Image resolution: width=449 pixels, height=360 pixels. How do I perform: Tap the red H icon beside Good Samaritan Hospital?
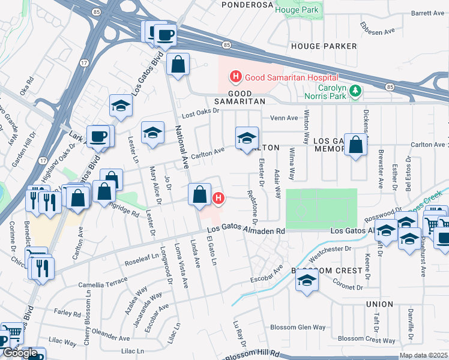236,77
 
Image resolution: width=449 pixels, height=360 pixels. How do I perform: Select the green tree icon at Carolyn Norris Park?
357,91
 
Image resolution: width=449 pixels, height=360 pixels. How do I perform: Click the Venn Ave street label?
284,118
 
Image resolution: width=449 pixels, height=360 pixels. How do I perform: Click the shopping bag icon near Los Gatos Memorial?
356,145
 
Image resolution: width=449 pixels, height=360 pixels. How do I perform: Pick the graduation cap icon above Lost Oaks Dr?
121,106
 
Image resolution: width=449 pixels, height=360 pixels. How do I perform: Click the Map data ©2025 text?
423,355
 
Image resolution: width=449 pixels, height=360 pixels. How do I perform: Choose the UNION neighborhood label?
379,304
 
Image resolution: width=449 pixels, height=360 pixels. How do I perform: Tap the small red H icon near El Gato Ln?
219,197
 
